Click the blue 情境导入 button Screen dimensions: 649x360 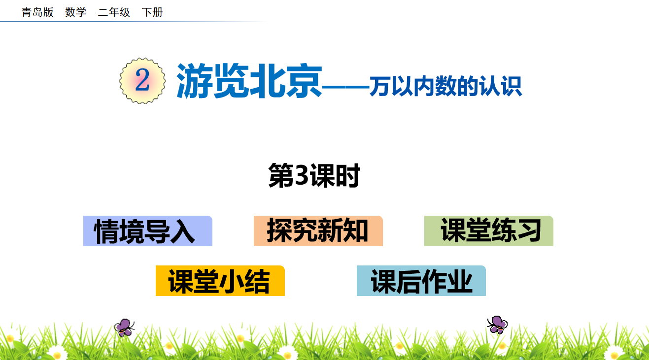click(148, 231)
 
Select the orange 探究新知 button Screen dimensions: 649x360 click(318, 231)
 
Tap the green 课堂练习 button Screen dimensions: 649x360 click(489, 231)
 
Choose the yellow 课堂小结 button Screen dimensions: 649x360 click(220, 281)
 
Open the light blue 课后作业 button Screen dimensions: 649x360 click(421, 281)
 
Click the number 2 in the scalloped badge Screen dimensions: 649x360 click(142, 80)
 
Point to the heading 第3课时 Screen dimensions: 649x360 click(314, 175)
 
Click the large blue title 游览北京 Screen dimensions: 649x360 click(249, 81)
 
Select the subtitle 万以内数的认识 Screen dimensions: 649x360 click(445, 86)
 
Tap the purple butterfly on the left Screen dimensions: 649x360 click(124, 327)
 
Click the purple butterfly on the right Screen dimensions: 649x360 click(498, 325)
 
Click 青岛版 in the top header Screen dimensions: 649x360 click(37, 12)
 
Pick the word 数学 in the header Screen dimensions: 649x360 click(75, 12)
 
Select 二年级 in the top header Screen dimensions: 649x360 click(114, 12)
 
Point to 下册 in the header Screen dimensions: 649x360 click(152, 12)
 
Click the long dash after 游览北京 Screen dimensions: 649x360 click(345, 87)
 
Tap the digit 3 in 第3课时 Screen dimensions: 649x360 click(301, 175)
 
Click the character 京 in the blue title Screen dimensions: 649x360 click(304, 81)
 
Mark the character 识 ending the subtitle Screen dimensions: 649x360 click(512, 86)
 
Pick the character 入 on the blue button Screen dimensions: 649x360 click(182, 231)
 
